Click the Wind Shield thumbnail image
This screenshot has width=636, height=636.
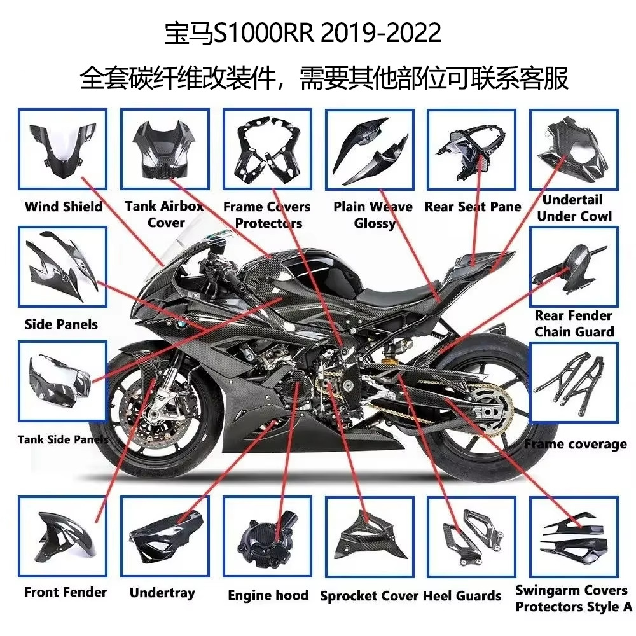pyautogui.click(x=62, y=149)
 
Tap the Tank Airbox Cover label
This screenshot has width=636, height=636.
pyautogui.click(x=164, y=214)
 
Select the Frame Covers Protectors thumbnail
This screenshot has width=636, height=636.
pyautogui.click(x=267, y=149)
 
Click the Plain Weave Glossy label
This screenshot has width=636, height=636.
pyautogui.click(x=373, y=215)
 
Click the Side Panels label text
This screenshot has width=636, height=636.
pyautogui.click(x=61, y=324)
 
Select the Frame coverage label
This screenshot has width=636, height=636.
pyautogui.click(x=576, y=444)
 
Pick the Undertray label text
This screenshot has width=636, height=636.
pyautogui.click(x=162, y=593)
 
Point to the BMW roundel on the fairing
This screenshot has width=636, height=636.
pyautogui.click(x=180, y=324)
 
